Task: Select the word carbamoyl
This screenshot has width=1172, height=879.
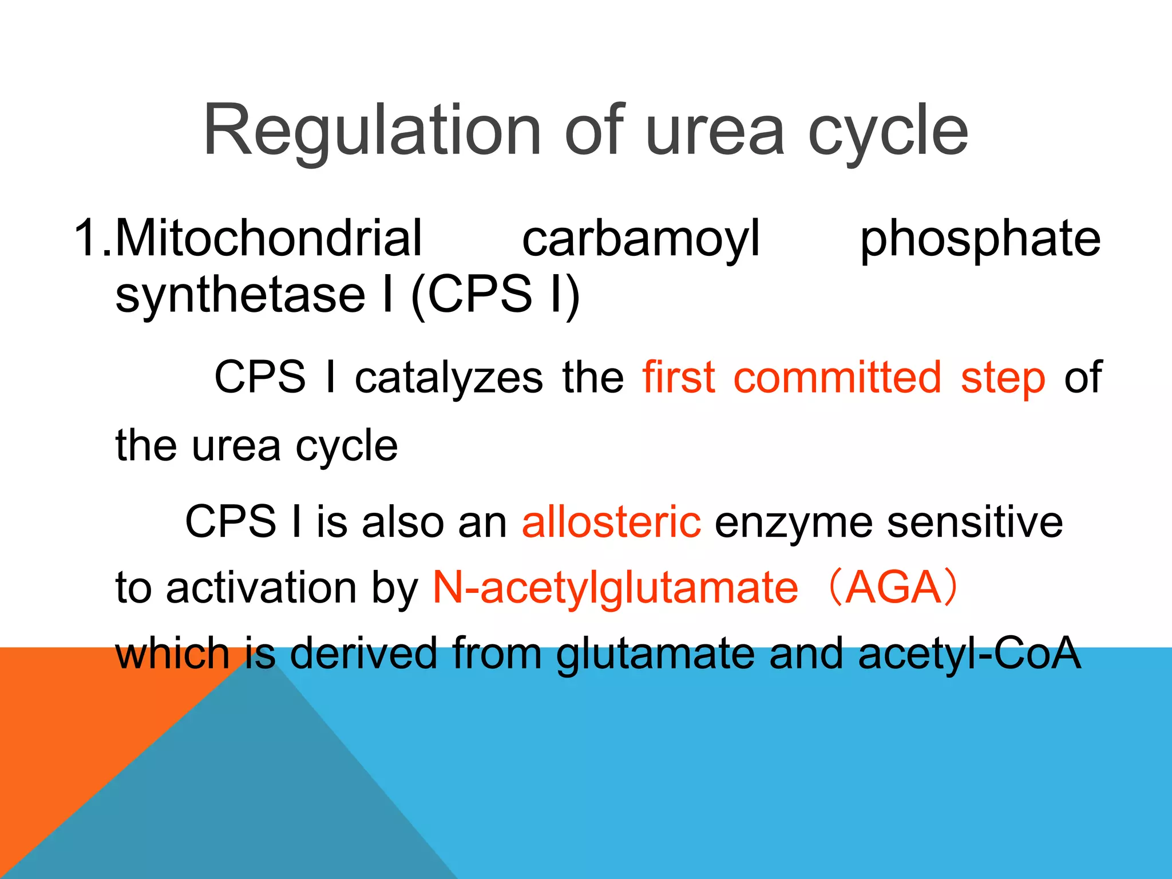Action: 641,239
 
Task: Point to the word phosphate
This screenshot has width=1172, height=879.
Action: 980,239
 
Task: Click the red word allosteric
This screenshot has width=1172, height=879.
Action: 611,522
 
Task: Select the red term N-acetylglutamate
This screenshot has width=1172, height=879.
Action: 615,588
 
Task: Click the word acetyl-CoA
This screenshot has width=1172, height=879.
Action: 969,654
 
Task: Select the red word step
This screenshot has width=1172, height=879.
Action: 1003,379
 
